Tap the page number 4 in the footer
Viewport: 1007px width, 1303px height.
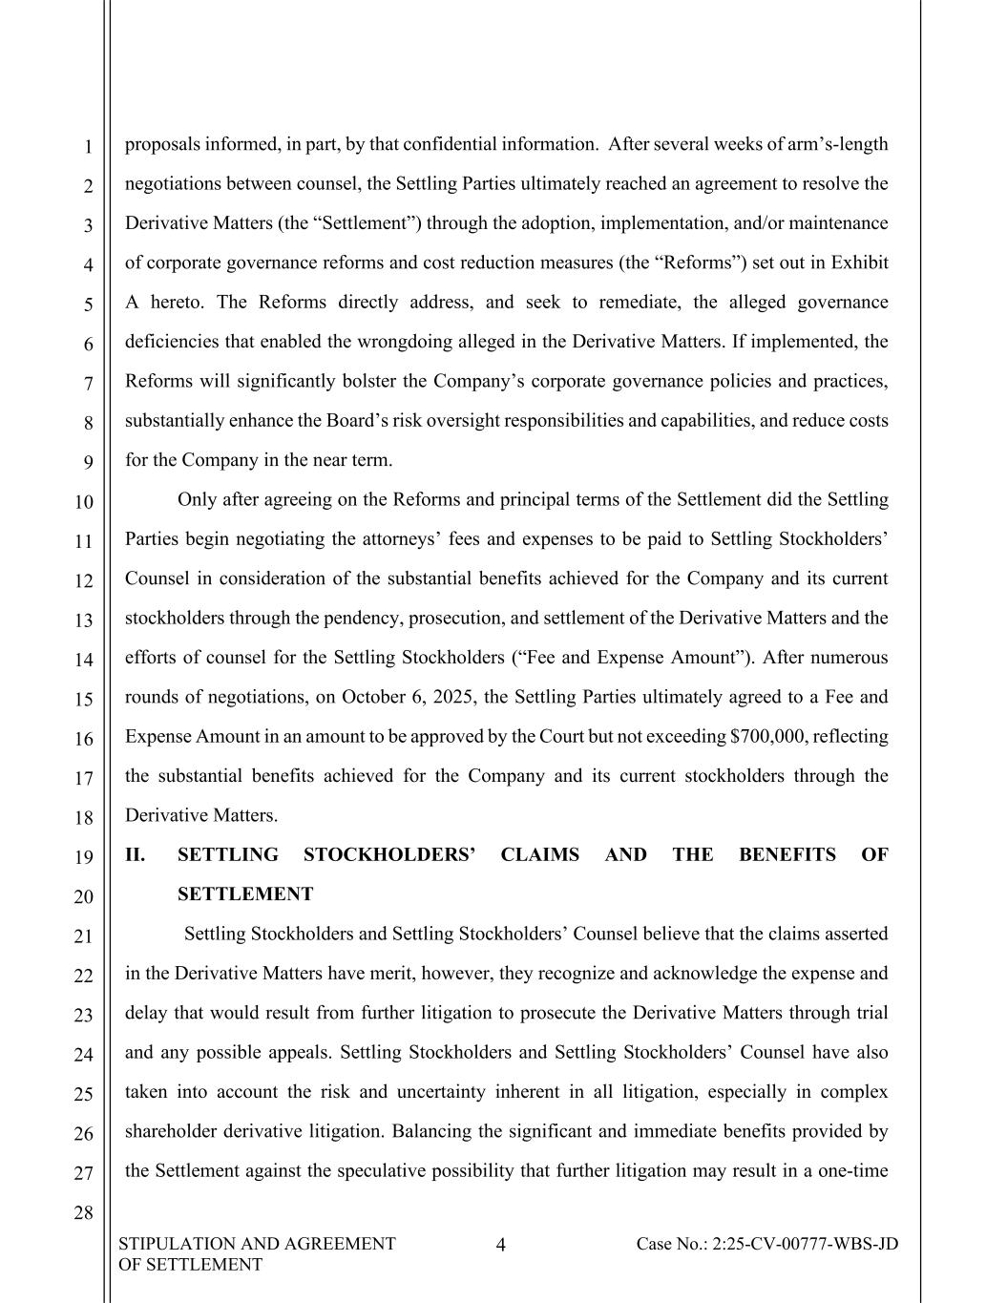(x=502, y=1244)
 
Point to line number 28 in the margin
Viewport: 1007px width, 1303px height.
(x=84, y=1213)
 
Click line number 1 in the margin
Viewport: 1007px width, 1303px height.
(x=87, y=147)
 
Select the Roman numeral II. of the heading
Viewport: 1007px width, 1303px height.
(x=136, y=855)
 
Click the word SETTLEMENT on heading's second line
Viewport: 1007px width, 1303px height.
(x=245, y=894)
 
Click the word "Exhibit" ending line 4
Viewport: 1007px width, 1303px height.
(x=860, y=263)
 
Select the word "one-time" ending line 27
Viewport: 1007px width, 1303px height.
(x=856, y=1171)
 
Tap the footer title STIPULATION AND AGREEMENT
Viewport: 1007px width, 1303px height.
(x=257, y=1244)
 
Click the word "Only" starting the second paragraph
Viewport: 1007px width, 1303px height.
(x=198, y=499)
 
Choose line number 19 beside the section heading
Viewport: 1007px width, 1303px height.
(x=84, y=857)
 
